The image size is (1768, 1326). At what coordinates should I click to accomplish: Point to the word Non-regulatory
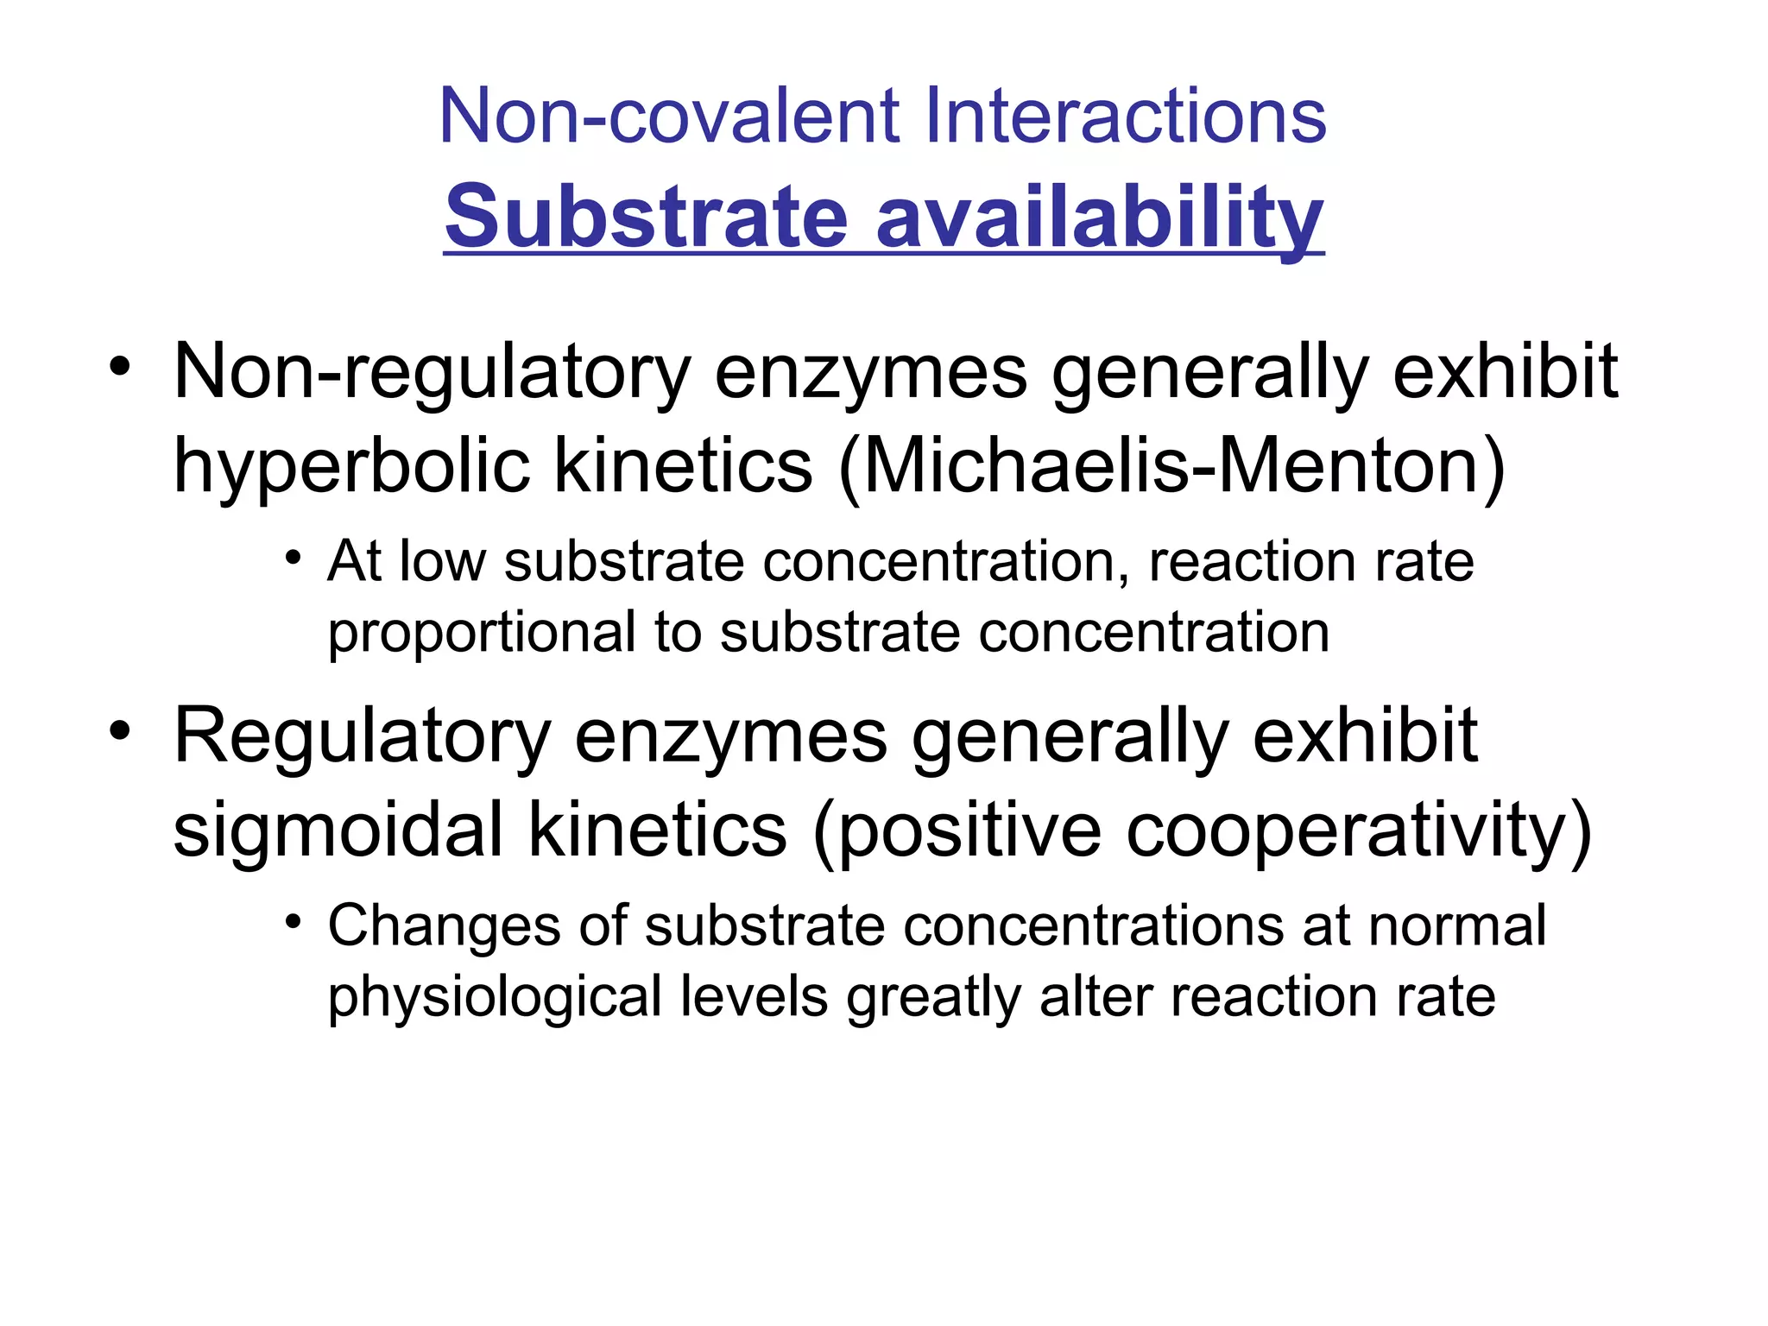pyautogui.click(x=432, y=373)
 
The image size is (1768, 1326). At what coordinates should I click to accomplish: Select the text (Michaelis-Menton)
pyautogui.click(x=1172, y=466)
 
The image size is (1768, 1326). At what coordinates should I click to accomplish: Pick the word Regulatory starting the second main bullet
pyautogui.click(x=362, y=736)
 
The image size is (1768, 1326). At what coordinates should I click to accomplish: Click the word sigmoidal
pyautogui.click(x=338, y=830)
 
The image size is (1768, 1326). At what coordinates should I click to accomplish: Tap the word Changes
pyautogui.click(x=445, y=926)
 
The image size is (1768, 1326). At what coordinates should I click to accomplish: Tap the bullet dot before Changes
pyautogui.click(x=294, y=921)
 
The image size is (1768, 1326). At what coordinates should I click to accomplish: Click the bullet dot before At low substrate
pyautogui.click(x=294, y=557)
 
